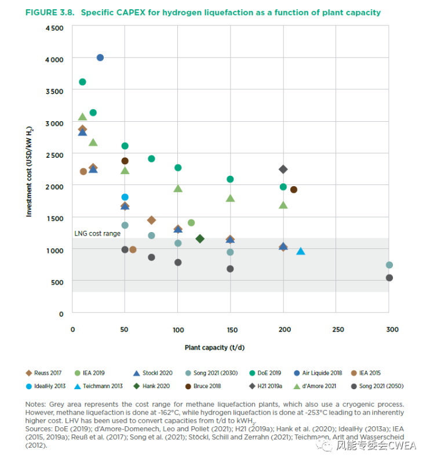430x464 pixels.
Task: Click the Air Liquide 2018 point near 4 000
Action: tap(100, 57)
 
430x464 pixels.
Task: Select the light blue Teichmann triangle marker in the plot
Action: tap(300, 251)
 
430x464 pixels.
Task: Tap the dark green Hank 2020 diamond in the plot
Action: tap(200, 238)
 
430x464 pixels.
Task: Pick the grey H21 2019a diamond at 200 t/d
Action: tap(283, 169)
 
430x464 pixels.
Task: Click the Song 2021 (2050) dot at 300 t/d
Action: tap(389, 278)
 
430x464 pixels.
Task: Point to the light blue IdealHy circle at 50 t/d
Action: tap(125, 197)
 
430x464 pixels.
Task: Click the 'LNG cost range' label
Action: tap(97, 233)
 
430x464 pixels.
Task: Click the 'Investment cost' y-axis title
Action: tap(28, 172)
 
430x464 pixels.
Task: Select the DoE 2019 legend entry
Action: tap(271, 373)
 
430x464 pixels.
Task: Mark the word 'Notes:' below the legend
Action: tap(37, 404)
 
